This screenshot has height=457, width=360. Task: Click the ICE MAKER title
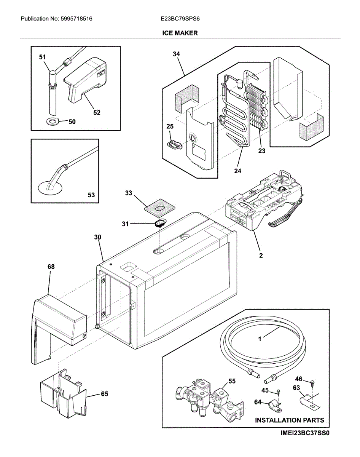(180, 33)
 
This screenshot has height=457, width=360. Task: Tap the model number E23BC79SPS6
(180, 19)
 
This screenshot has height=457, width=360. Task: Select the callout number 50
(72, 122)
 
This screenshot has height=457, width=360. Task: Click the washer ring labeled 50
(52, 122)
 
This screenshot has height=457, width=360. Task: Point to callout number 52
(97, 112)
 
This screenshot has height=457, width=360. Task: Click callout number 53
(91, 195)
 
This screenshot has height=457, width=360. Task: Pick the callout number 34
(176, 54)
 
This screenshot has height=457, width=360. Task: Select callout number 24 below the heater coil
(237, 171)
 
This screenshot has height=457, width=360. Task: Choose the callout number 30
(98, 237)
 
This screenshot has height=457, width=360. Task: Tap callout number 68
(51, 267)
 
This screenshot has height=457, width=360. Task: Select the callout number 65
(104, 394)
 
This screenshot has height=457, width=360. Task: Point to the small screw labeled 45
(279, 392)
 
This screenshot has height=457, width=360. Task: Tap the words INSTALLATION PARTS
(290, 420)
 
